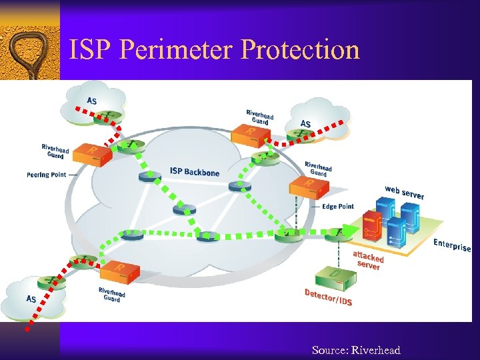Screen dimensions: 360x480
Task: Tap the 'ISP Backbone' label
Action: [194, 172]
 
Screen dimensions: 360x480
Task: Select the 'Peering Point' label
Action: [47, 175]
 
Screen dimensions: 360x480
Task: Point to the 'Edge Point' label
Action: [338, 207]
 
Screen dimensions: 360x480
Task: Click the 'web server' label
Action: [404, 192]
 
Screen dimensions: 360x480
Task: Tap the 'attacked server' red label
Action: [367, 261]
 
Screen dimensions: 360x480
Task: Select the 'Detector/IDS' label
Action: [328, 297]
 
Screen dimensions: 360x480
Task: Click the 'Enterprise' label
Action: [452, 245]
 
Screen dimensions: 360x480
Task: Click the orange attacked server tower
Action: [371, 227]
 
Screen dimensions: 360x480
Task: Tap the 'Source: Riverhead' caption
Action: [356, 350]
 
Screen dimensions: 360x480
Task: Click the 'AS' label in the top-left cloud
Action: [91, 101]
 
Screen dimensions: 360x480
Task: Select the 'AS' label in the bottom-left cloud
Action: [31, 299]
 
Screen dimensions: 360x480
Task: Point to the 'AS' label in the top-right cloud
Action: [305, 124]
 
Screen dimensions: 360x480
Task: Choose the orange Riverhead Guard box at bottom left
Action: [120, 271]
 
